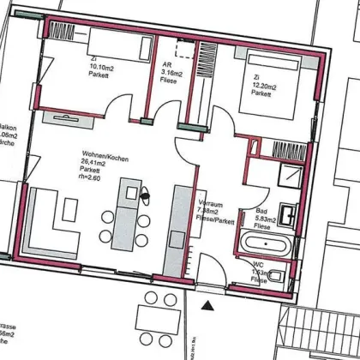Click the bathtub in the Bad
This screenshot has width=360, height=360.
coord(267,243)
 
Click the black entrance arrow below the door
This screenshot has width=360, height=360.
coord(206,303)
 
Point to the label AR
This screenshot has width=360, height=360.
coord(166,64)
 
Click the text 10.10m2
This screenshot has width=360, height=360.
coord(100,68)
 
